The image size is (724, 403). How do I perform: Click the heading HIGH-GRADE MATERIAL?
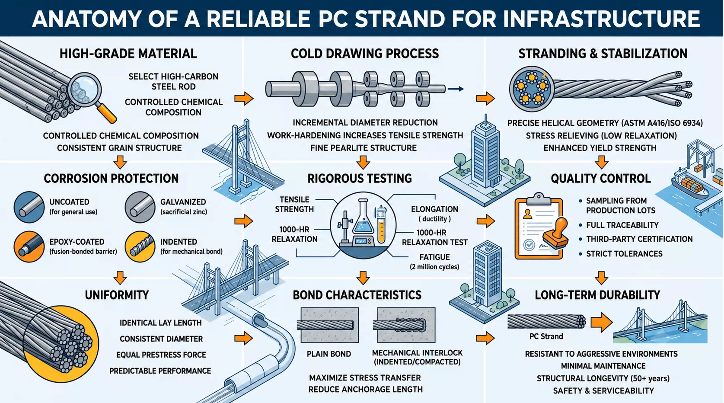(x=128, y=54)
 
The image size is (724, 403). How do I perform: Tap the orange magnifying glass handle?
(x=107, y=113)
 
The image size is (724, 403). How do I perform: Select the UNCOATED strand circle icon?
(x=29, y=207)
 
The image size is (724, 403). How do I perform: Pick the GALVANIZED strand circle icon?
(x=140, y=207)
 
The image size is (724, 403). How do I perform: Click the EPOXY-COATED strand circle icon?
(x=29, y=247)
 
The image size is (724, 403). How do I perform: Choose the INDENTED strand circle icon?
(x=140, y=247)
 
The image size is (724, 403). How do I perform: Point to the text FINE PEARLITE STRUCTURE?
(x=363, y=148)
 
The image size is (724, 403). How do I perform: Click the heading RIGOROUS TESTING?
(x=360, y=179)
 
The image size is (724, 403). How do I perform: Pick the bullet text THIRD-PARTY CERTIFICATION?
(x=639, y=240)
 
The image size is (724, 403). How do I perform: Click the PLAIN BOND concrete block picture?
(x=329, y=325)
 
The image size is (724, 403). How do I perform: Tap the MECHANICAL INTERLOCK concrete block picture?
(x=406, y=325)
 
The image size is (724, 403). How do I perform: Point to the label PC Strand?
(x=546, y=336)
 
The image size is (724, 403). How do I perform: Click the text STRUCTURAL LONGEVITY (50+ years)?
(x=603, y=378)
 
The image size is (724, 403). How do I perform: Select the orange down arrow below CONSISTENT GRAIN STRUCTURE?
(x=120, y=162)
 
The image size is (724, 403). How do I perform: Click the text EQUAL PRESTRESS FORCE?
(x=161, y=355)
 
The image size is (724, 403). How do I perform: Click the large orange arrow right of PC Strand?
(x=602, y=322)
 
